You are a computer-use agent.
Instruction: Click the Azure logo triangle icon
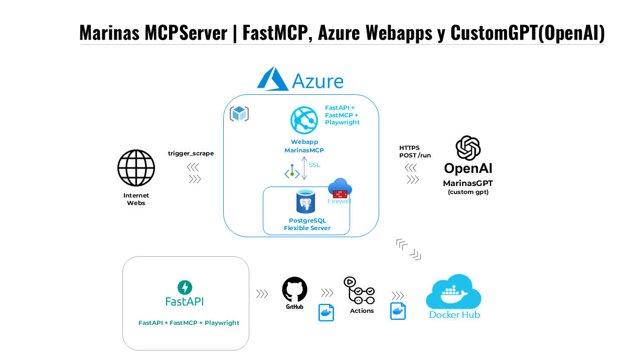click(272, 79)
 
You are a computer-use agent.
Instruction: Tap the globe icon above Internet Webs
click(136, 168)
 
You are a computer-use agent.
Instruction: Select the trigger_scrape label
click(191, 153)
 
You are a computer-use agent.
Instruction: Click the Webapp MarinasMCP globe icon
click(304, 120)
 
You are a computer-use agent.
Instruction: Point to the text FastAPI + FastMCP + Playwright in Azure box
click(342, 115)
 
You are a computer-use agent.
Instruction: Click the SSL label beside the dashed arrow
click(314, 165)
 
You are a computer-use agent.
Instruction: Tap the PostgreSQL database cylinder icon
click(305, 202)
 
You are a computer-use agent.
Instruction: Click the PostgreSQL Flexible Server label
click(307, 224)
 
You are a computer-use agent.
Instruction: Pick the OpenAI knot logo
click(468, 148)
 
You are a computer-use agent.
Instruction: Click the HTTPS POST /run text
click(415, 151)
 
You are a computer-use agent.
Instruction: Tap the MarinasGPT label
click(468, 184)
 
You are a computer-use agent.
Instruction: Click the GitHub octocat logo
click(294, 290)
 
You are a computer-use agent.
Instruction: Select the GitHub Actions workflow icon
click(359, 290)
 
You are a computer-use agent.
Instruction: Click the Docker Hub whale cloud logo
click(453, 292)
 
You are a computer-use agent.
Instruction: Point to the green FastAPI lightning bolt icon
click(185, 287)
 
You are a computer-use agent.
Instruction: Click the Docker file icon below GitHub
click(327, 312)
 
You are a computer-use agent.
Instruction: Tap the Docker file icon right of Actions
click(398, 311)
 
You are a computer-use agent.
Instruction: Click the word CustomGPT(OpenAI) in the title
click(527, 33)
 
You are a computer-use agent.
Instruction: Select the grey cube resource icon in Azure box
click(239, 114)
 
